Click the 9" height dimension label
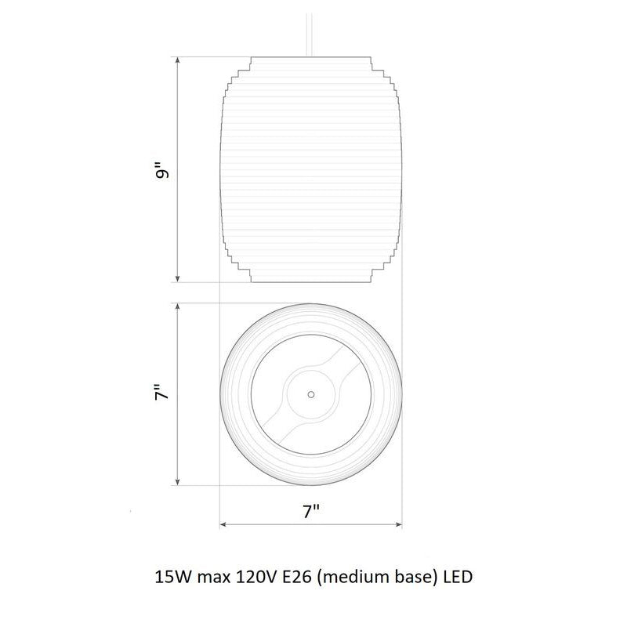click(162, 170)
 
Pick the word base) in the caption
click(412, 578)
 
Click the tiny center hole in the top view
click(311, 393)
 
